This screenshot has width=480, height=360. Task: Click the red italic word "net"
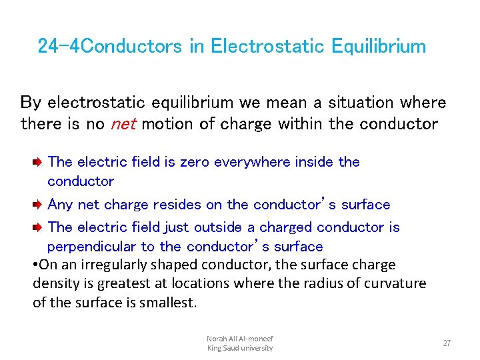click(123, 124)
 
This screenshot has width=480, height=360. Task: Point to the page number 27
click(447, 343)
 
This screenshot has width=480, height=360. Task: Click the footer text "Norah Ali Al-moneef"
click(239, 339)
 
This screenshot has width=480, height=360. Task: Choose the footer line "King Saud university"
click(239, 348)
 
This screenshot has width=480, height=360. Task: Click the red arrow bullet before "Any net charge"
click(39, 205)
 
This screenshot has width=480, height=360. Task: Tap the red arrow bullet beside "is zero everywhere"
click(39, 162)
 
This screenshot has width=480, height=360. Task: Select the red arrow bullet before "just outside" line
click(39, 228)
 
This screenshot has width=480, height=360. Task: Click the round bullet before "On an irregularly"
click(35, 265)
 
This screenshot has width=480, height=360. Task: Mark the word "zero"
click(195, 162)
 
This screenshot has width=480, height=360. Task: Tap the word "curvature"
click(395, 283)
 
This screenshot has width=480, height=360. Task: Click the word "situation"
click(358, 103)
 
